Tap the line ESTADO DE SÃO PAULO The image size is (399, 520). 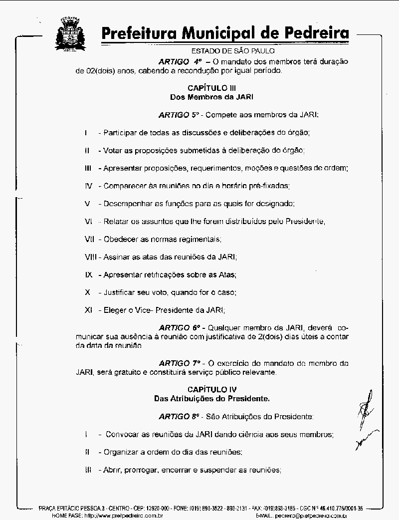[233, 51]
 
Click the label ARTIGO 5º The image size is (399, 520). [179, 115]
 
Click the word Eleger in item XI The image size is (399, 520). [114, 310]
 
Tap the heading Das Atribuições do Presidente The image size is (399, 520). [212, 398]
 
